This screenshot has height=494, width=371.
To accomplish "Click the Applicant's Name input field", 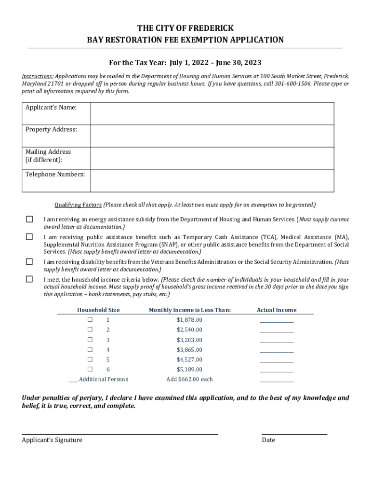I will [212, 113].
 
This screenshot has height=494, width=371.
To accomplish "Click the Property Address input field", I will [212, 136].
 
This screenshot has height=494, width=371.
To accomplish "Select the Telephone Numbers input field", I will [212, 180].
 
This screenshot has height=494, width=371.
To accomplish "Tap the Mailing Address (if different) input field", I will [212, 158].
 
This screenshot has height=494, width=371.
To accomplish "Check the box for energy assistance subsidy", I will [29, 220].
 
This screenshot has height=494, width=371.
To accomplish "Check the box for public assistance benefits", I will [29, 237].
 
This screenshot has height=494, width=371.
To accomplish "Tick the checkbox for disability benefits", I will [29, 262].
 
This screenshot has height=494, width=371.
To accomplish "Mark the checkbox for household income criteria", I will [29, 279].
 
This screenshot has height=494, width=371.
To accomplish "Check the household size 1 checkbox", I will [90, 320].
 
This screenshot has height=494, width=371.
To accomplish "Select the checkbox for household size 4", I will [90, 349].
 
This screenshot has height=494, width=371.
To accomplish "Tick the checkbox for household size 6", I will [90, 369].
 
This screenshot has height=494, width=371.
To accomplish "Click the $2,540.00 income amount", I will [189, 330].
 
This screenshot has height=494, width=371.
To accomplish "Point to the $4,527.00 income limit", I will [189, 359].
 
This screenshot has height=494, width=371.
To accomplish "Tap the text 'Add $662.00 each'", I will [189, 379].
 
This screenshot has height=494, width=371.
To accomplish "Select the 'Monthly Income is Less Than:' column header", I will [189, 310].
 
